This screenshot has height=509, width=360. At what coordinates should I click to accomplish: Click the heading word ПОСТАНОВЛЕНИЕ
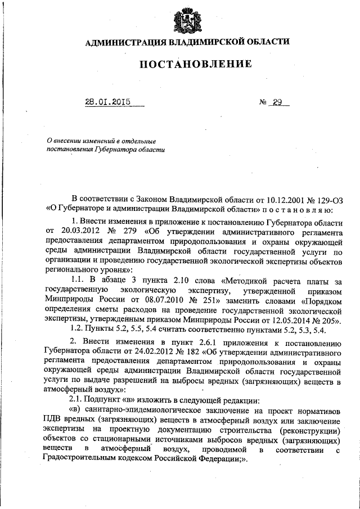(196, 64)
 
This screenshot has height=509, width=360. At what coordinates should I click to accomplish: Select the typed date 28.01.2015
(108, 103)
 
